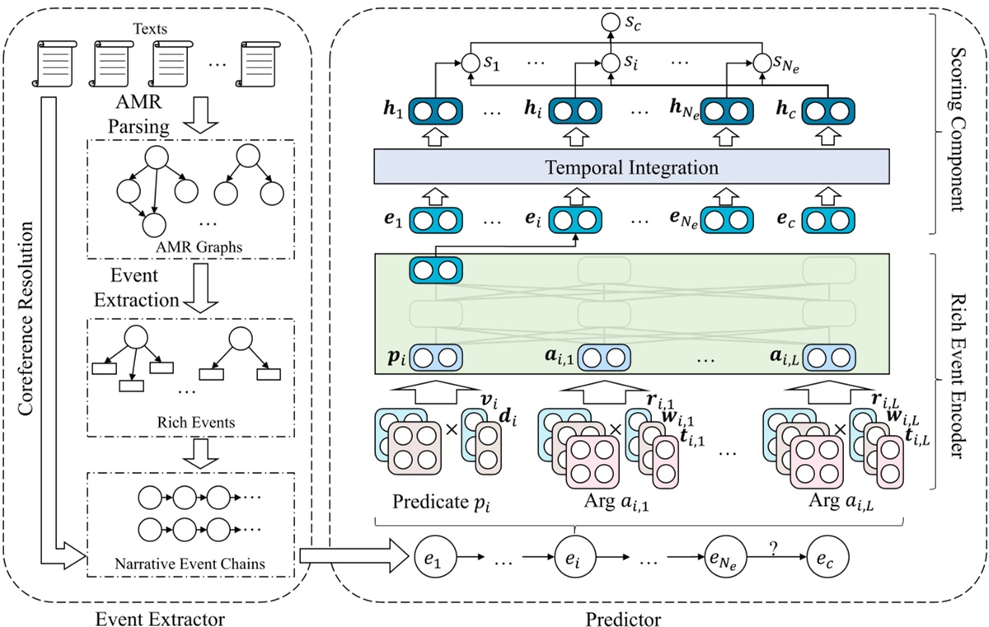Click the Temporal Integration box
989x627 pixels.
point(630,168)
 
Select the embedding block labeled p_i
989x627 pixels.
point(437,358)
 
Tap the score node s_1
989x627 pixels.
point(470,61)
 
